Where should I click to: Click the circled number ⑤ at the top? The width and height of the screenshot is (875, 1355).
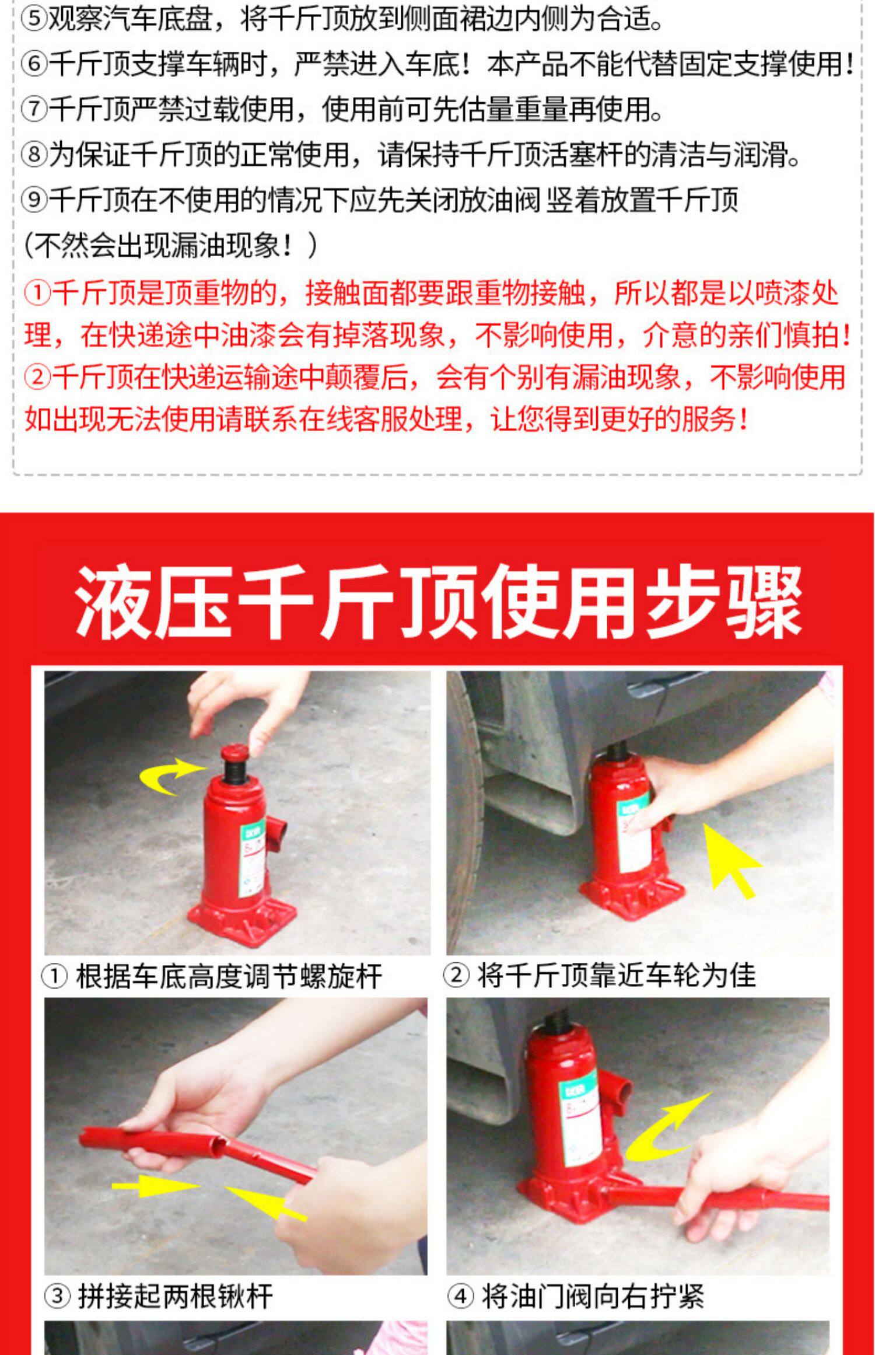(34, 19)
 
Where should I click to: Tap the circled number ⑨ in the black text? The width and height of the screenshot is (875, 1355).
(34, 200)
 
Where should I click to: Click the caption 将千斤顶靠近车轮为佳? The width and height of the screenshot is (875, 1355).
(617, 975)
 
